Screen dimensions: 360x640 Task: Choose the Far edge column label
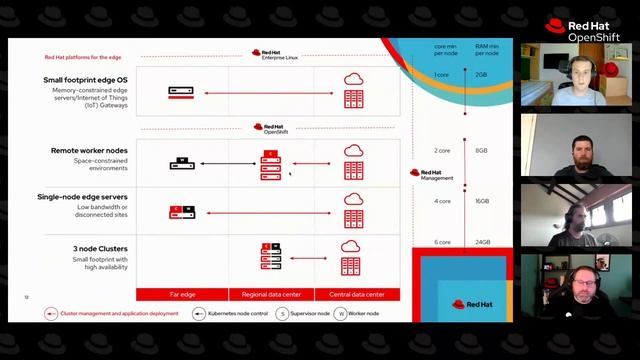click(182, 294)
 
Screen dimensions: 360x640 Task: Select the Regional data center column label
click(271, 294)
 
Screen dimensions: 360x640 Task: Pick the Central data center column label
click(356, 294)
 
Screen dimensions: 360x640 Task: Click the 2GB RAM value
click(481, 75)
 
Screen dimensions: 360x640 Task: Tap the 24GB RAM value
click(482, 242)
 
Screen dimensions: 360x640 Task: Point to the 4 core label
click(442, 201)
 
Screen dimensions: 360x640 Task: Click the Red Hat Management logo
click(432, 174)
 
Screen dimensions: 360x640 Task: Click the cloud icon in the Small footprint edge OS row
click(352, 80)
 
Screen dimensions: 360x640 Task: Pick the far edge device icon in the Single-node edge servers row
click(182, 212)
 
